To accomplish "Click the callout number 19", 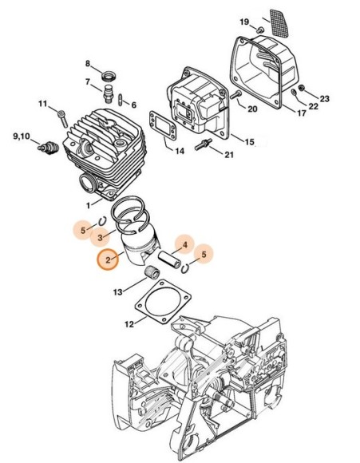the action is click(x=244, y=22).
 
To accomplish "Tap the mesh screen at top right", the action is click(x=279, y=23).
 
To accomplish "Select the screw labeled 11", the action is click(x=62, y=119).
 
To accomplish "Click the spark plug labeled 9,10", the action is click(x=47, y=147).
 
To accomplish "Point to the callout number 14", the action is click(x=180, y=151).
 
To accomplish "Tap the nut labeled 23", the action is click(x=301, y=88).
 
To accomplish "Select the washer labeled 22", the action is click(x=294, y=93).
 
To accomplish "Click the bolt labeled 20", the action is click(x=235, y=94).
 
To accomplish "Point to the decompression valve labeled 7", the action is click(x=109, y=93).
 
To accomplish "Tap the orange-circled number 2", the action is click(x=108, y=260).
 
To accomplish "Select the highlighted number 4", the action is click(x=185, y=245).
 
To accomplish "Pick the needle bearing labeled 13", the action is click(x=152, y=272).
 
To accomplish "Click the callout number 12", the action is click(x=129, y=324).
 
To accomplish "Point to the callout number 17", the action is click(x=301, y=113).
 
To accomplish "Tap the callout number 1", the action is click(x=88, y=205).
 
